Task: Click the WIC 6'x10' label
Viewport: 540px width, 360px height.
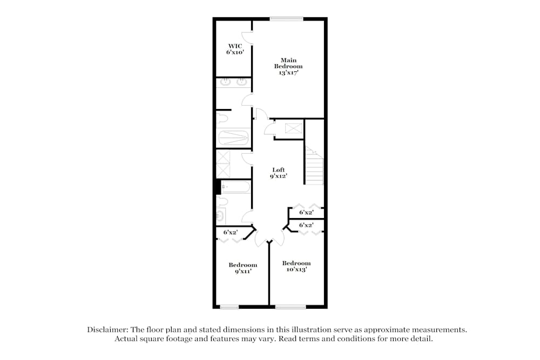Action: pos(235,49)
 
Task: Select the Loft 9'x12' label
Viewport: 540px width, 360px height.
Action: pos(279,173)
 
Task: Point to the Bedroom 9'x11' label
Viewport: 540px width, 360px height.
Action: pos(242,268)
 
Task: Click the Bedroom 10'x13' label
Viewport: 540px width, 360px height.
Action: pos(296,266)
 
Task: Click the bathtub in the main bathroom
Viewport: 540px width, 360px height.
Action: pos(234,137)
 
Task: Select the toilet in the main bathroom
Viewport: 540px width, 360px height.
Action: pos(222,118)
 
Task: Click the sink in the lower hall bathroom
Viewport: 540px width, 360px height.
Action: pos(220,216)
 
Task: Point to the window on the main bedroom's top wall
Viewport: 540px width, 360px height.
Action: pos(286,19)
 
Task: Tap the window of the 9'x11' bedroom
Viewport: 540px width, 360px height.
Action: pos(230,308)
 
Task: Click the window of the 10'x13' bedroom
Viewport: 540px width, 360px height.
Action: pos(291,308)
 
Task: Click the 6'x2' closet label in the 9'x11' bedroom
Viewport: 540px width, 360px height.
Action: pos(231,232)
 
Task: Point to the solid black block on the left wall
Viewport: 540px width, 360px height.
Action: pos(218,186)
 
